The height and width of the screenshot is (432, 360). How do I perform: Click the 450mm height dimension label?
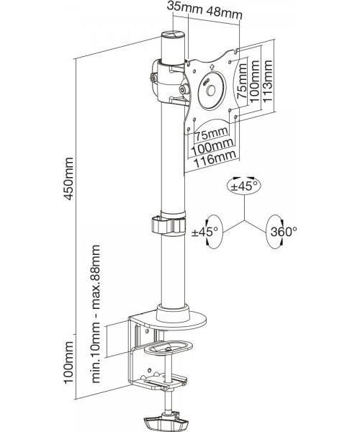68,179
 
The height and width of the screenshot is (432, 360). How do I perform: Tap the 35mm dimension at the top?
185,7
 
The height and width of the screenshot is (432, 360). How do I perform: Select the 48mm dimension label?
225,12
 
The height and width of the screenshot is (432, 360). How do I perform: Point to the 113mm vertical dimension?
268,81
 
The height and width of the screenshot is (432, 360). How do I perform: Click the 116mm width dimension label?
215,159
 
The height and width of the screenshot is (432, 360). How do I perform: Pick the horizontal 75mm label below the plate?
212,134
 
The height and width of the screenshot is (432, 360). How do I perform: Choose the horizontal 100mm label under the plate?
212,147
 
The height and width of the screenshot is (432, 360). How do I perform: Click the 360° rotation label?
284,232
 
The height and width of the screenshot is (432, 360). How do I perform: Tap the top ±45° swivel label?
244,186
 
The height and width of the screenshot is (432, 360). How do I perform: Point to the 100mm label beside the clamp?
68,362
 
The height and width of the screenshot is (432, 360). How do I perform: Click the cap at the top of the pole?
172,35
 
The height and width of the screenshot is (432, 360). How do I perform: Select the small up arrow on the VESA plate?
212,67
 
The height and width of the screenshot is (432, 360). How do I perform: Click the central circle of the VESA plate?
212,91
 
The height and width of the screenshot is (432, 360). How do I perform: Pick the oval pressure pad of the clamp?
168,348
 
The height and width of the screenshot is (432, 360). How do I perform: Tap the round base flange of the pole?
181,320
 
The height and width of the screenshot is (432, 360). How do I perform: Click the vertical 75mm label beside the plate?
243,81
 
